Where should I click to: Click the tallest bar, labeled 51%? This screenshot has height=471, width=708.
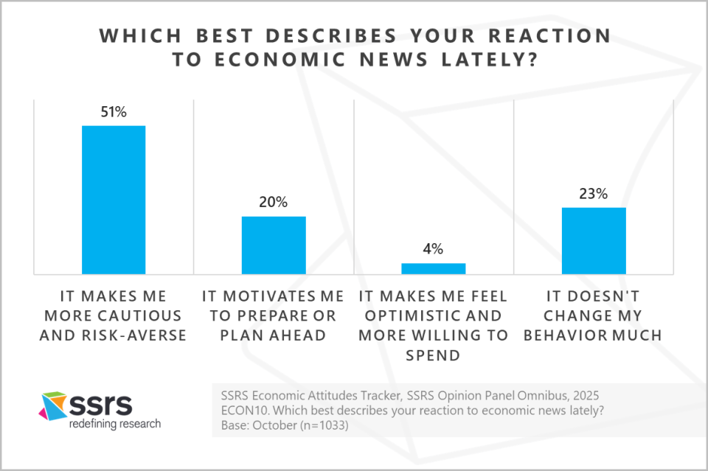[x=113, y=200]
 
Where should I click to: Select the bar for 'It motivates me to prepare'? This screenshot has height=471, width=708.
[x=274, y=245]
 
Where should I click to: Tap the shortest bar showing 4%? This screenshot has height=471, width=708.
[x=434, y=268]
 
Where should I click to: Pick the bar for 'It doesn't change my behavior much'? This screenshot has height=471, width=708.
[x=594, y=240]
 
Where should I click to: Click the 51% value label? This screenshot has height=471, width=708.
[x=114, y=112]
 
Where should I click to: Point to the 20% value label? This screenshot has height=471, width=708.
[x=274, y=203]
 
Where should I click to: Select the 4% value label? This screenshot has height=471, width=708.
[x=434, y=249]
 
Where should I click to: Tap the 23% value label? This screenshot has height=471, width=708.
[x=594, y=194]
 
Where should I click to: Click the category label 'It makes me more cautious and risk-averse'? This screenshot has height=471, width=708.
[x=114, y=316]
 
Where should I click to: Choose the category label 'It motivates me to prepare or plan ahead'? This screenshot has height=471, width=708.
[x=274, y=316]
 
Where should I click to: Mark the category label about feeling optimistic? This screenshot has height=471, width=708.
[x=434, y=326]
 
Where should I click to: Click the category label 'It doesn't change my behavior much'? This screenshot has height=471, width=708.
[x=594, y=316]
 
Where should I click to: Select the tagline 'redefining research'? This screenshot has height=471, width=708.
[x=114, y=424]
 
